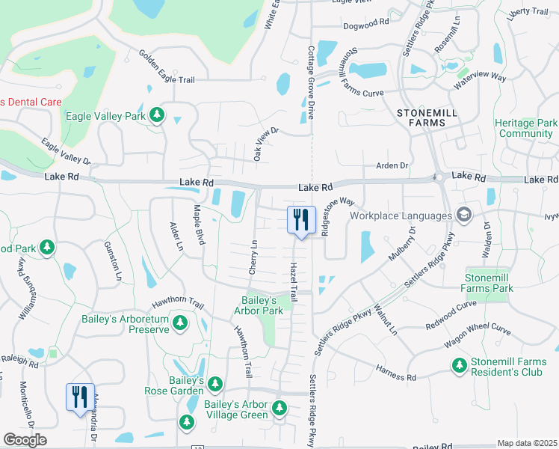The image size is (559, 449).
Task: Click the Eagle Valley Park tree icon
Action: click(x=156, y=115)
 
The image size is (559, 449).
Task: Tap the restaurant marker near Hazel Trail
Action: click(x=300, y=221)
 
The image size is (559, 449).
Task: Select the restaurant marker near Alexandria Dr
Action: click(x=80, y=397)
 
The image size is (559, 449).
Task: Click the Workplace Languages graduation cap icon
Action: click(x=463, y=216)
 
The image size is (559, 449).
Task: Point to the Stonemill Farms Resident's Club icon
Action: click(x=460, y=365)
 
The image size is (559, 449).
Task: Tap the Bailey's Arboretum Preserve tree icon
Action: click(x=179, y=322)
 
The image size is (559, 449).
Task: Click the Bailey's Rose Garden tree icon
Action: click(x=215, y=384)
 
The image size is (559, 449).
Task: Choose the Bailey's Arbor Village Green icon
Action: click(x=279, y=409)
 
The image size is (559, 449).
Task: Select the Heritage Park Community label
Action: click(x=525, y=128)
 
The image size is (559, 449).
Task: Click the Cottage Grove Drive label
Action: click(x=310, y=82)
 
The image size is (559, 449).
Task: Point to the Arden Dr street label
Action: click(x=392, y=165)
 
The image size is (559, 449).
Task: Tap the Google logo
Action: click(x=25, y=440)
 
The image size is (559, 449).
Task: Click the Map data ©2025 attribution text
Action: click(x=526, y=443)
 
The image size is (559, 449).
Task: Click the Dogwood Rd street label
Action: click(x=365, y=22)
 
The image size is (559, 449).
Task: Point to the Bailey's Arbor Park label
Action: click(x=259, y=305)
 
